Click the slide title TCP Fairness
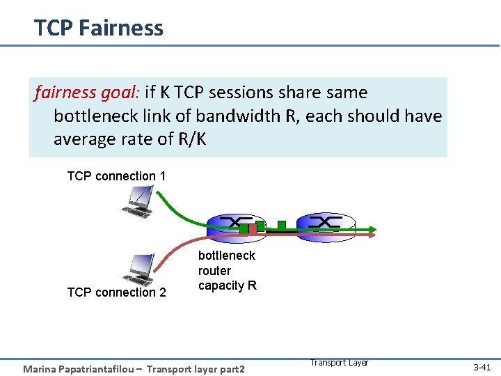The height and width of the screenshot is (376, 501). [99, 28]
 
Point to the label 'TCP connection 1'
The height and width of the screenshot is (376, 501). [116, 176]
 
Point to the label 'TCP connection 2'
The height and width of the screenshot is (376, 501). [116, 292]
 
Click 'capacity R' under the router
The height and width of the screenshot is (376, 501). [228, 285]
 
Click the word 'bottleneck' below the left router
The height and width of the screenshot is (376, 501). [227, 256]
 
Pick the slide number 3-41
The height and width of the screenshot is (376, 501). [482, 367]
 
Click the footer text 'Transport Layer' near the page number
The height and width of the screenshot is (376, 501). [338, 363]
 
